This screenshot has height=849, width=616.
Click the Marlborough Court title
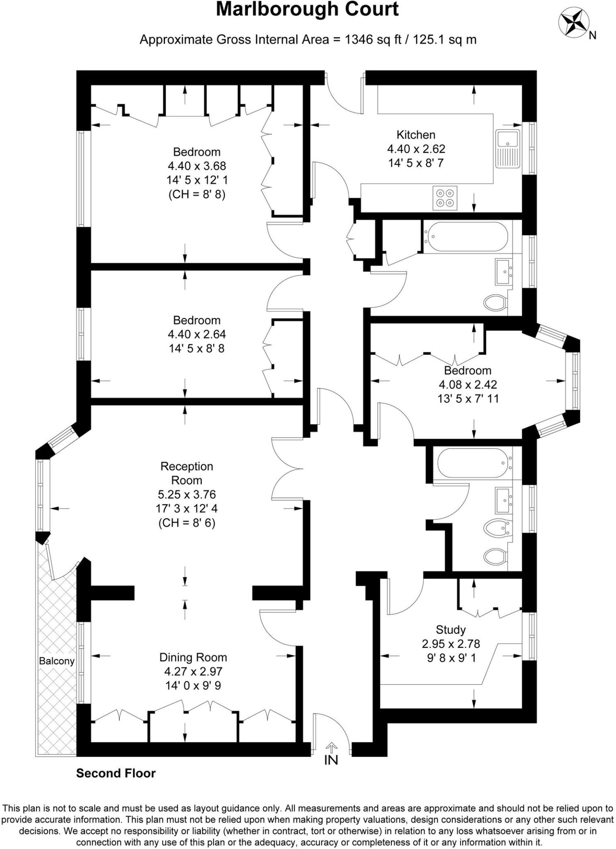pos(307,10)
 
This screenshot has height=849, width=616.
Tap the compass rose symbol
pos(574,23)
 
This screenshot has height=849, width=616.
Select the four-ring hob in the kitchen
pos(445,198)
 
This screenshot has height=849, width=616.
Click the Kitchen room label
pos(416,135)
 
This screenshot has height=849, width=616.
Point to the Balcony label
pos(57,661)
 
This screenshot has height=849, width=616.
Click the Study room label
pos(451,630)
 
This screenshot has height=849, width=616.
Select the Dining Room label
pos(193,657)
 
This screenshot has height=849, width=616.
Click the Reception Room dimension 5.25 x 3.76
pos(187,494)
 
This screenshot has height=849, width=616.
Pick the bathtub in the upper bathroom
pos(465,236)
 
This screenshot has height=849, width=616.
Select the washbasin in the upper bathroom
pos(504,272)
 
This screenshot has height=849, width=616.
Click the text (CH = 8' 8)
pos(197,194)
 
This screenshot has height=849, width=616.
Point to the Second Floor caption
pos(116,773)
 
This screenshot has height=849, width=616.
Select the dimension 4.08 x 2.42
pos(468,384)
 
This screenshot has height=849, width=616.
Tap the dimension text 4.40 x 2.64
pos(197,334)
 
